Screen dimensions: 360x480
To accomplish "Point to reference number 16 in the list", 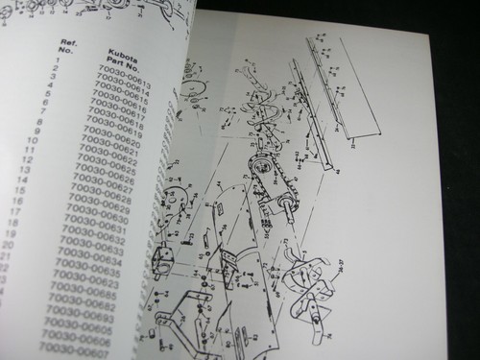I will [x=23, y=204].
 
